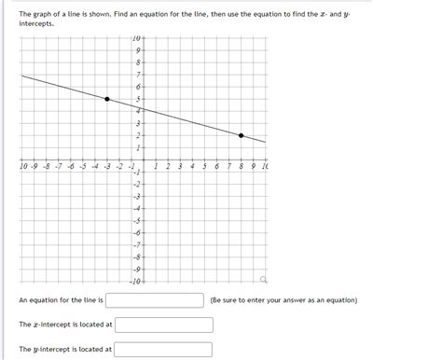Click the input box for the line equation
tap(155, 300)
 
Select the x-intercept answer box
tap(163, 325)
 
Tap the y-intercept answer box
tap(163, 350)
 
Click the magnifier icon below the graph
tap(264, 279)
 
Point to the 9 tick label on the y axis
tap(138, 50)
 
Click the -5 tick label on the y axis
tap(136, 220)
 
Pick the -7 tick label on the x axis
tap(58, 166)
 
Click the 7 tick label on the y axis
tap(138, 75)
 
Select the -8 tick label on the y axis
tap(136, 256)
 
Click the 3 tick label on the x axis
tap(180, 166)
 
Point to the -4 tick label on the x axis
tap(94, 166)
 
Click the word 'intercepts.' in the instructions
tap(36, 22)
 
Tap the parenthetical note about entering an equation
tap(283, 300)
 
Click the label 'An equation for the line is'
tap(61, 300)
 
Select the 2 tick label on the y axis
tap(138, 135)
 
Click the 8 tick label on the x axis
tap(241, 166)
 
